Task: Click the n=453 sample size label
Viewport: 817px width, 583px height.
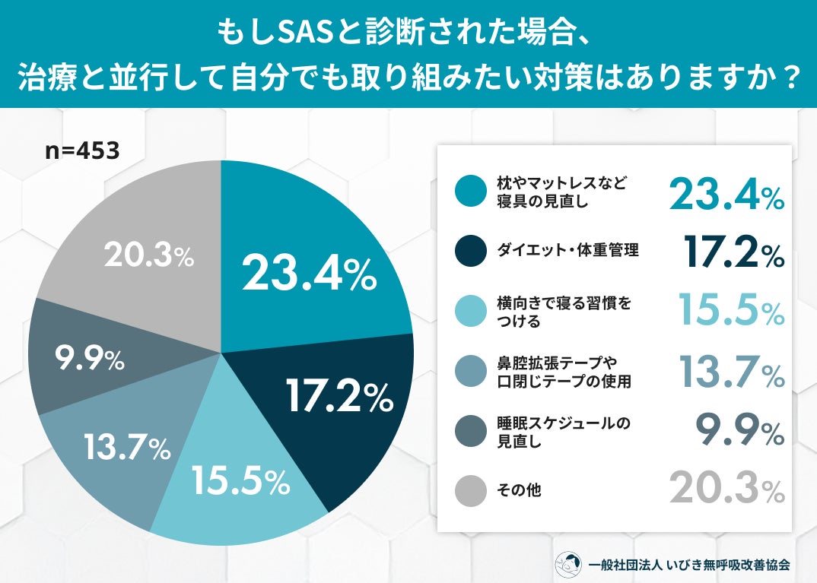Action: pyautogui.click(x=82, y=151)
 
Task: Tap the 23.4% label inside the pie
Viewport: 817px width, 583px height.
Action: pyautogui.click(x=309, y=274)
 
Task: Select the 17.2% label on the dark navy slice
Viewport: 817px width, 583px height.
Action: pyautogui.click(x=339, y=396)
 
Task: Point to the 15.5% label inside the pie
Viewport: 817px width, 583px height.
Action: pyautogui.click(x=241, y=480)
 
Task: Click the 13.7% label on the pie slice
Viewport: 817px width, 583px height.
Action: pyautogui.click(x=127, y=447)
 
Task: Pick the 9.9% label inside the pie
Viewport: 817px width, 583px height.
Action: pyautogui.click(x=90, y=359)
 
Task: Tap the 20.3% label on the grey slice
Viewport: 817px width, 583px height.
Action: pyautogui.click(x=149, y=255)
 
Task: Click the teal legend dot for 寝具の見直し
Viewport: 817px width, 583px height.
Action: pyautogui.click(x=471, y=191)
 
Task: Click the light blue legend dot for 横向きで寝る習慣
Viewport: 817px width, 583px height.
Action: pyautogui.click(x=471, y=311)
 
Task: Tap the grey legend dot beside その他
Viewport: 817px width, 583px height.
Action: pyautogui.click(x=471, y=490)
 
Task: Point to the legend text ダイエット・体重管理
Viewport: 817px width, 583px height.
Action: pyautogui.click(x=567, y=250)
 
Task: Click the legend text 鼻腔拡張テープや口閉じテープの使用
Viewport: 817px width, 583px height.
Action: pyautogui.click(x=564, y=372)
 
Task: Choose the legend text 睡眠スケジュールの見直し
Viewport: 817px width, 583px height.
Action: pyautogui.click(x=564, y=432)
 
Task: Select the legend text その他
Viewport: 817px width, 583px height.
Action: pyautogui.click(x=519, y=490)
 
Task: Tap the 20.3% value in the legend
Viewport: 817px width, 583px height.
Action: pyautogui.click(x=726, y=488)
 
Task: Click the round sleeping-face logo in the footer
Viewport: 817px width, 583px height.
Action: pyautogui.click(x=568, y=565)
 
